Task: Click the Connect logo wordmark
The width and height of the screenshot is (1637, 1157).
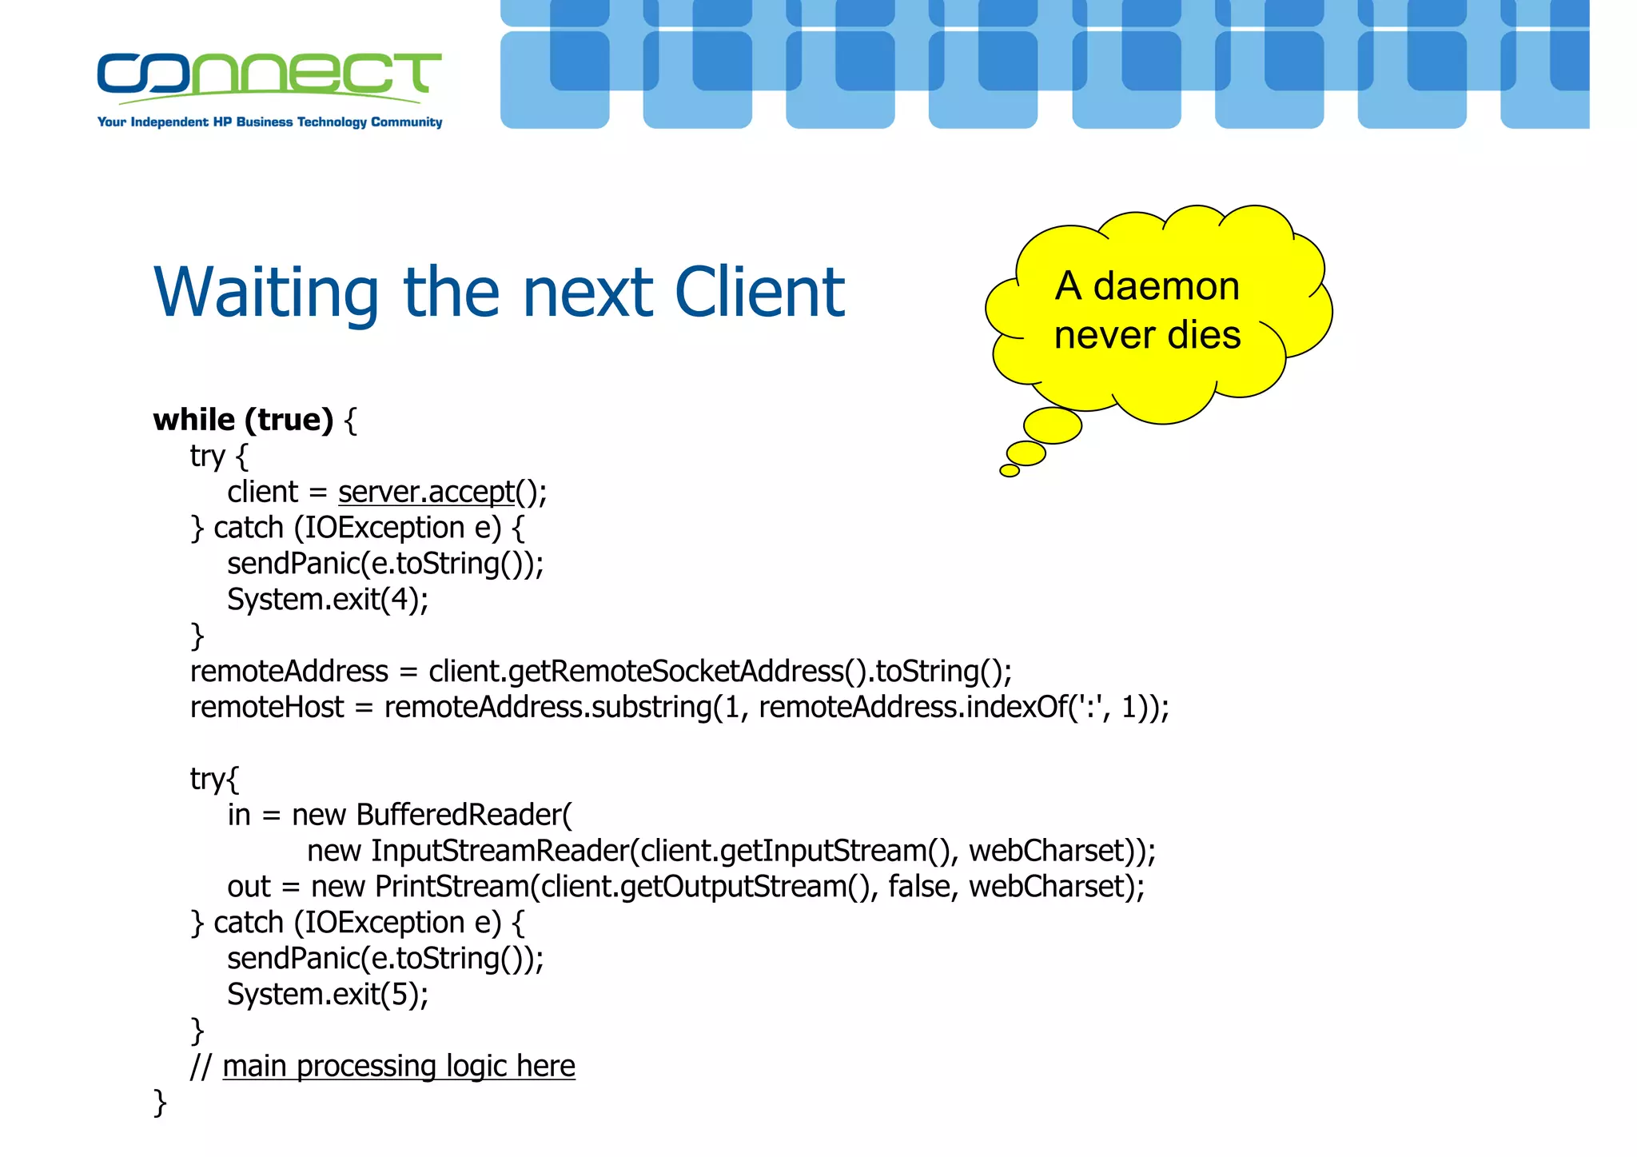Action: (269, 74)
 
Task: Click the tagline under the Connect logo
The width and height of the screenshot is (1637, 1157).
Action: (269, 122)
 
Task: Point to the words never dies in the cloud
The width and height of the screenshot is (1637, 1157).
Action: (1147, 335)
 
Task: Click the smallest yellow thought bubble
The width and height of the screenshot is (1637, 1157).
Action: (1010, 471)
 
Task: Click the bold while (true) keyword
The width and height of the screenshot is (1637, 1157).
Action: (243, 420)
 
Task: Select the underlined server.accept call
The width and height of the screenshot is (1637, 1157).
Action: (426, 492)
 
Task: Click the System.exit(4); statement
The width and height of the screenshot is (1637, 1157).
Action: (328, 600)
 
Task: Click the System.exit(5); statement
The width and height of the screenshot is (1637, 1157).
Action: (328, 995)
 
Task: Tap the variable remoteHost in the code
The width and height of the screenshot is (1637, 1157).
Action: (267, 708)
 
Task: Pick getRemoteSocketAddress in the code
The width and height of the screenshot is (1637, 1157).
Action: (676, 672)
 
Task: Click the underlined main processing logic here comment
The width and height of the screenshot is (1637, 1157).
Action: (398, 1067)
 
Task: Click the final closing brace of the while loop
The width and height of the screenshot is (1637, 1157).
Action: (160, 1102)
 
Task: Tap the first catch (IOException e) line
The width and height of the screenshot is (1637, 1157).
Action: (356, 529)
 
